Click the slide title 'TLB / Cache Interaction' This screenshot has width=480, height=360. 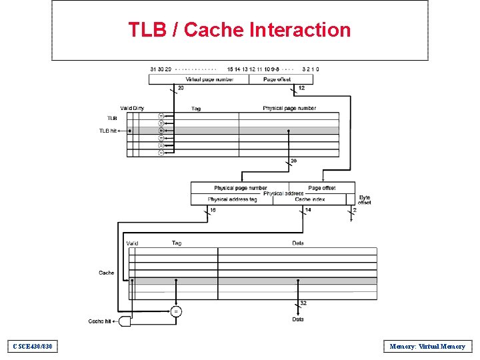pyautogui.click(x=239, y=30)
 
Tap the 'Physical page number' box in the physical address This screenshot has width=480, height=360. pyautogui.click(x=240, y=188)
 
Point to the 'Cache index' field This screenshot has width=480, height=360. pyautogui.click(x=311, y=199)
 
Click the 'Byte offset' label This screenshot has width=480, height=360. pyautogui.click(x=365, y=199)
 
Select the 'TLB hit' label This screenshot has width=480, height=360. pyautogui.click(x=108, y=131)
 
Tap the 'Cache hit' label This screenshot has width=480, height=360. pyautogui.click(x=101, y=321)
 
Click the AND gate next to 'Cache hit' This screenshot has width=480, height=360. pyautogui.click(x=125, y=321)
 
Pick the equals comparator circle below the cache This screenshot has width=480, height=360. pyautogui.click(x=176, y=311)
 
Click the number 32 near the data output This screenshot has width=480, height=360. pyautogui.click(x=303, y=303)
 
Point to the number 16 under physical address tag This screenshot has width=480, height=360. pyautogui.click(x=213, y=210)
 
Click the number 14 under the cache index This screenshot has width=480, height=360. pyautogui.click(x=307, y=210)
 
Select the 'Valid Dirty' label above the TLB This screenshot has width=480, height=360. pyautogui.click(x=132, y=108)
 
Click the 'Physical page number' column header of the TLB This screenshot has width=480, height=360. pyautogui.click(x=289, y=108)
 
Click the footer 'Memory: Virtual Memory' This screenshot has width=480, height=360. pyautogui.click(x=427, y=346)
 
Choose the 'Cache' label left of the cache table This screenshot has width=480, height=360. pyautogui.click(x=107, y=273)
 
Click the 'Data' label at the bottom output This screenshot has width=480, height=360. pyautogui.click(x=298, y=319)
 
